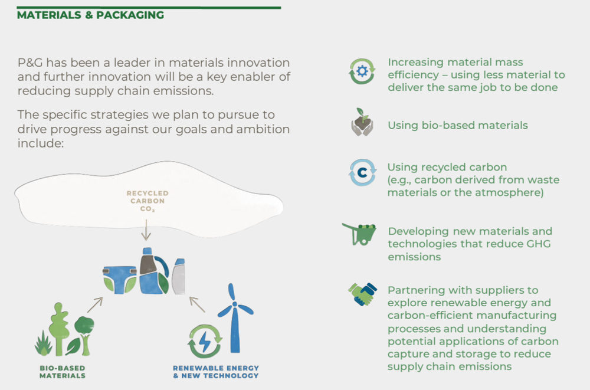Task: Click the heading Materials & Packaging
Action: (90, 15)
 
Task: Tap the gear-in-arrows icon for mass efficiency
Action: (362, 71)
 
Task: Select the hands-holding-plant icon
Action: (362, 122)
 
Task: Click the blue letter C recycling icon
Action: (362, 173)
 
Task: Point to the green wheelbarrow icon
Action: (360, 234)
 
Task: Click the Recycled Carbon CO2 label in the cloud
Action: (147, 201)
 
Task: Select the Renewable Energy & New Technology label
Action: (215, 371)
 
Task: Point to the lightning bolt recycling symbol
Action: (205, 341)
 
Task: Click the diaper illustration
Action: (120, 278)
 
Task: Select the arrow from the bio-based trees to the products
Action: (94, 304)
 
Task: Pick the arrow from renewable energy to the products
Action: (197, 304)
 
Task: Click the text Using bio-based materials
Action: (457, 125)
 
